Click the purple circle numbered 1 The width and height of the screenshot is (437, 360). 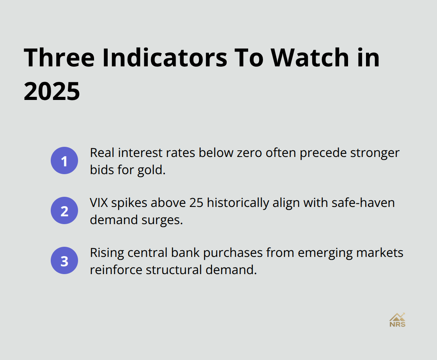click(64, 160)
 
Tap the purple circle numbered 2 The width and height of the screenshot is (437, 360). click(64, 210)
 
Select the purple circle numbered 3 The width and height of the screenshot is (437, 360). click(64, 260)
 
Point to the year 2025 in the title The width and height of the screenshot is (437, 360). click(52, 92)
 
